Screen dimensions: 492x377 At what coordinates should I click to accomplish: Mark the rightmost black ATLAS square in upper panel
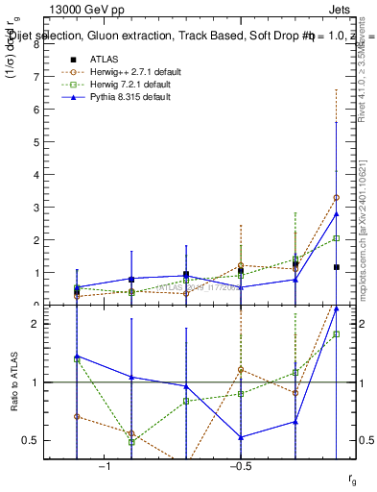(336, 267)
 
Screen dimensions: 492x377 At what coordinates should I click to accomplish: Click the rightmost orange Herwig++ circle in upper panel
(336, 197)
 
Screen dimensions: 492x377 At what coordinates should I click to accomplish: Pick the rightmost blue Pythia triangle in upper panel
(336, 214)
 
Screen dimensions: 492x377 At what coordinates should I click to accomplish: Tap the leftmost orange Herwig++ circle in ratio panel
(77, 417)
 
